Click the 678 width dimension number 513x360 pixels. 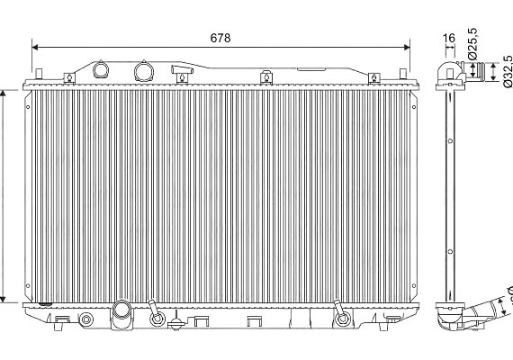click(220, 38)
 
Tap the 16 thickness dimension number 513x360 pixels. click(449, 39)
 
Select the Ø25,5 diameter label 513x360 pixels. click(472, 44)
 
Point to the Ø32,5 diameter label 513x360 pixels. click(508, 71)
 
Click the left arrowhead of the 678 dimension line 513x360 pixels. click(35, 48)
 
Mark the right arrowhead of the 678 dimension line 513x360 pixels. click(407, 48)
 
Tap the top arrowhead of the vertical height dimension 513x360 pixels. click(3, 94)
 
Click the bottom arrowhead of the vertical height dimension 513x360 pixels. click(3, 299)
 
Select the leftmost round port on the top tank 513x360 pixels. click(101, 69)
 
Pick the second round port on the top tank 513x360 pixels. click(144, 71)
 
